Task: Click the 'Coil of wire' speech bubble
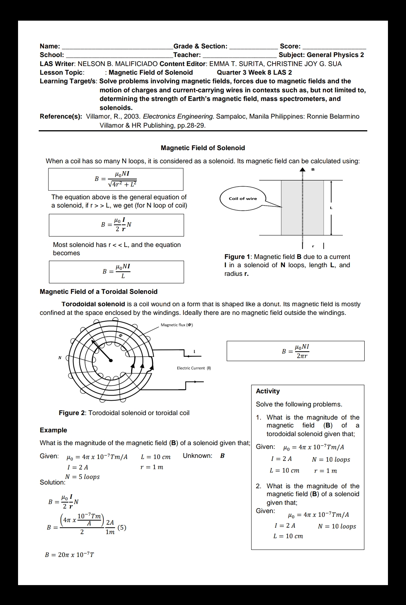click(x=243, y=199)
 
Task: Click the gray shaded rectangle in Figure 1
click(x=302, y=208)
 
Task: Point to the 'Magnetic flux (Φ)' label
click(x=177, y=325)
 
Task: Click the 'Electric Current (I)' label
click(x=194, y=368)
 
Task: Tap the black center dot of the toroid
click(x=111, y=360)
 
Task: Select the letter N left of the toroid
click(x=59, y=358)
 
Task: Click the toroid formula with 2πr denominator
click(x=296, y=351)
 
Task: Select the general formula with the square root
click(x=116, y=179)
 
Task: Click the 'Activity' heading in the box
click(x=268, y=391)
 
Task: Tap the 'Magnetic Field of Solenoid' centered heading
click(x=203, y=148)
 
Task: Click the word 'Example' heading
click(x=53, y=430)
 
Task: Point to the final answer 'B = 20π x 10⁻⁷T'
click(x=70, y=555)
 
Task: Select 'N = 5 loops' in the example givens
click(x=82, y=477)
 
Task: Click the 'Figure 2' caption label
click(x=72, y=413)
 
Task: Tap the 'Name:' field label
click(x=50, y=46)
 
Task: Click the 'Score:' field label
click(x=290, y=46)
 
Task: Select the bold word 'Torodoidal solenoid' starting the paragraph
click(x=93, y=304)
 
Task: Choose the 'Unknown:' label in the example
click(x=197, y=456)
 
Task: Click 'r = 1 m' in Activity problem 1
click(x=325, y=471)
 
